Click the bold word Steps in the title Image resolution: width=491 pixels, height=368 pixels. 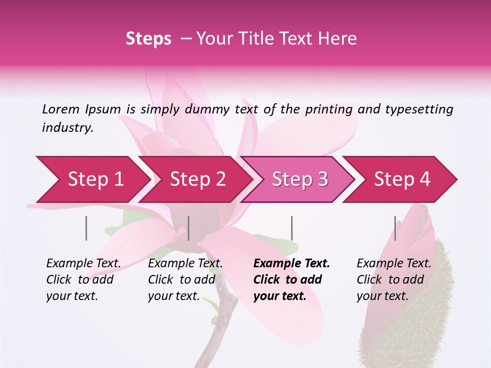[x=148, y=39]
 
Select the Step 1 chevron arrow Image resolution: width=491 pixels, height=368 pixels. [x=92, y=179]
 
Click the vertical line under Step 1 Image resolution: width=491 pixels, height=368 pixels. [x=86, y=228]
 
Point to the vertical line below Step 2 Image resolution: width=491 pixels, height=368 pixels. [x=189, y=228]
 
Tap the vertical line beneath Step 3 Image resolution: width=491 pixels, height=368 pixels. [x=292, y=228]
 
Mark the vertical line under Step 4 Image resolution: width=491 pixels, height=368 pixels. [x=395, y=228]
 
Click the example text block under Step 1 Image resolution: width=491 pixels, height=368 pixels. [x=83, y=280]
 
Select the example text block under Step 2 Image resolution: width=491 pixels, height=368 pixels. [x=185, y=280]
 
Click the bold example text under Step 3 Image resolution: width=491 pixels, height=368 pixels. [x=291, y=280]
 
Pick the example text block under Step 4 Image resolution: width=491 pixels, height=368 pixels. [x=394, y=280]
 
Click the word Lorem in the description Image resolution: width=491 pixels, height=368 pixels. [x=61, y=109]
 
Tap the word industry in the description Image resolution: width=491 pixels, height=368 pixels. [x=68, y=128]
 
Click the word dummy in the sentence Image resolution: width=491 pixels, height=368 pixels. [x=207, y=109]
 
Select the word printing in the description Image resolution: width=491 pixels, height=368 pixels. [x=329, y=109]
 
